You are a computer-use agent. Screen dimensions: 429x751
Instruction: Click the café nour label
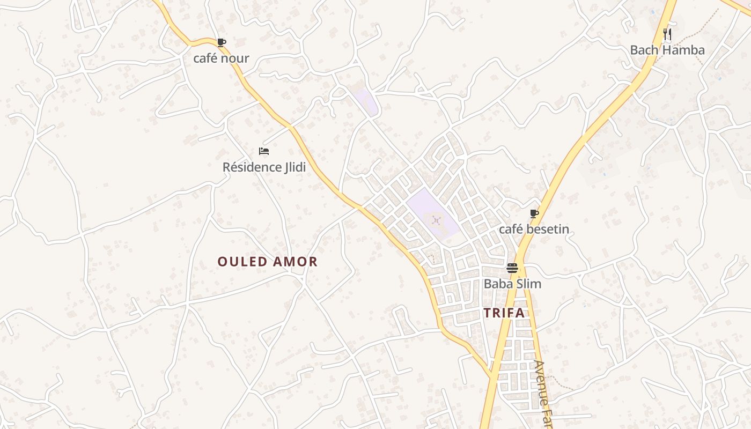[x=221, y=58]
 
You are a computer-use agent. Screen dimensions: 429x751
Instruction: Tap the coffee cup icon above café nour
[x=221, y=42]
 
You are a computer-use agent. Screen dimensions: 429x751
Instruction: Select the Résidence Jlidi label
[x=264, y=167]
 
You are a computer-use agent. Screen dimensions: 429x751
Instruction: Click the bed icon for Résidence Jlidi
[x=263, y=151]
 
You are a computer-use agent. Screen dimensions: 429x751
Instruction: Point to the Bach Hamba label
[x=667, y=50]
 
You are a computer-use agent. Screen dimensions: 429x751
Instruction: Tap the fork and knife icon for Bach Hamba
[x=667, y=34]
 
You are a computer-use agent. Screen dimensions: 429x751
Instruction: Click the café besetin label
[x=534, y=230]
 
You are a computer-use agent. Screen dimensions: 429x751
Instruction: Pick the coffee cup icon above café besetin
[x=534, y=214]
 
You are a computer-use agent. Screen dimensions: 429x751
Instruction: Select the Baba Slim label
[x=512, y=284]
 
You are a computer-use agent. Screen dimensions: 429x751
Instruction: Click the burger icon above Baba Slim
[x=512, y=268]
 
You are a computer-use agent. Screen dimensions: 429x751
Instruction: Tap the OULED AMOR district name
[x=267, y=262]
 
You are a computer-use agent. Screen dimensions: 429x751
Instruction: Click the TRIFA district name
[x=504, y=313]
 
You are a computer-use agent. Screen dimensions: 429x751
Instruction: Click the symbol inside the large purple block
[x=436, y=219]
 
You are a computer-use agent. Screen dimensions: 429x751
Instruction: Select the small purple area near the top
[x=366, y=101]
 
